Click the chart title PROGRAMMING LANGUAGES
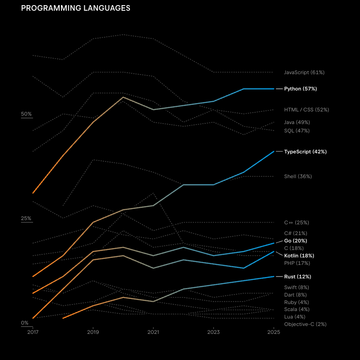tap(75, 8)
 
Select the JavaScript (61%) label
tap(304, 72)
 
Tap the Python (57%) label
tap(300, 89)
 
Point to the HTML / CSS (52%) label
tap(306, 110)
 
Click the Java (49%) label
tap(297, 122)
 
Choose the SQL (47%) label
tap(297, 131)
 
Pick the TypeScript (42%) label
tap(305, 152)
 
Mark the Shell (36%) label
tap(298, 176)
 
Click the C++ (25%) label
tap(296, 222)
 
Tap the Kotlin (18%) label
tap(299, 256)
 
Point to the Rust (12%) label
tap(297, 277)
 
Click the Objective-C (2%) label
tap(305, 324)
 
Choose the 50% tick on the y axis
tap(26, 114)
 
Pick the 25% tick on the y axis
tap(26, 218)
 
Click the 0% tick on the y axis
tap(25, 323)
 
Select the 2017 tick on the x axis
tap(33, 332)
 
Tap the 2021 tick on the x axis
tap(153, 332)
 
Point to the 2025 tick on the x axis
tap(274, 332)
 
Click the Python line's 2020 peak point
tap(123, 97)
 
